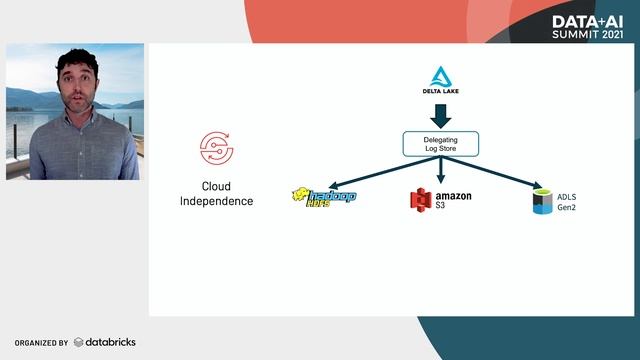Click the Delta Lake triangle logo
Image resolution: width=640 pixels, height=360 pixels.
coord(440,76)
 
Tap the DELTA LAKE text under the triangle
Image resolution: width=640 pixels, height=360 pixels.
coord(440,94)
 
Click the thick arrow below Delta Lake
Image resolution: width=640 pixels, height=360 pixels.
coord(440,115)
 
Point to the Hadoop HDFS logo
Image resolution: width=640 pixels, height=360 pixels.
coord(323,196)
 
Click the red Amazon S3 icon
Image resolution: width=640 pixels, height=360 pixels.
coord(420,199)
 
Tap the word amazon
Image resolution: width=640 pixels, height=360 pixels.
coord(454,196)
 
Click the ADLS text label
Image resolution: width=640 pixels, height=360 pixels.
coord(567,196)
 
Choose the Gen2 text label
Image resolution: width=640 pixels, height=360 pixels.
coord(567,208)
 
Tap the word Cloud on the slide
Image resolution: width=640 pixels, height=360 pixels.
coord(216,186)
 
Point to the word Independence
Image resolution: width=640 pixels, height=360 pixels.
coord(216,201)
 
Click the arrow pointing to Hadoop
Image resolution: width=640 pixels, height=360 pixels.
coord(371,172)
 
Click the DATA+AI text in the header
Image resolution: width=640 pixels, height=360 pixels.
coord(587,20)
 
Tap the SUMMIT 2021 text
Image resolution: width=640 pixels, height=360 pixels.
coord(587,34)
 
